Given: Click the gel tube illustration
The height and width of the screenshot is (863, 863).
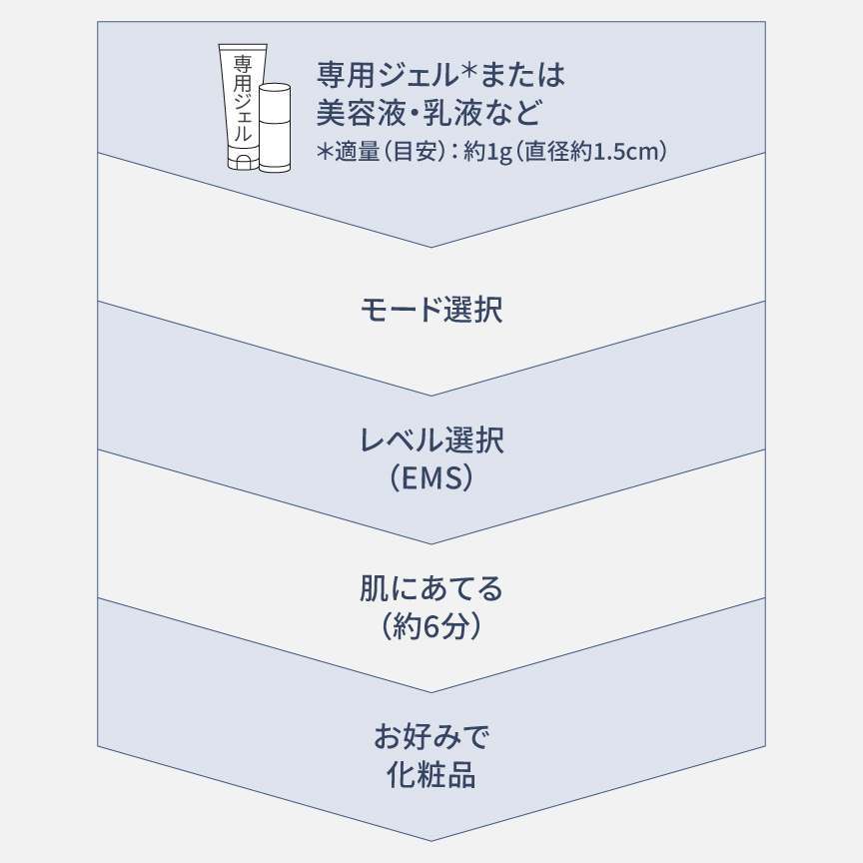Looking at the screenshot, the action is (243, 107).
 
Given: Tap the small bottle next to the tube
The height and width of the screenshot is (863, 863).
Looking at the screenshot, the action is (275, 128).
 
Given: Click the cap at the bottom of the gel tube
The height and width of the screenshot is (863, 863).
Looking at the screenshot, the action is (244, 162).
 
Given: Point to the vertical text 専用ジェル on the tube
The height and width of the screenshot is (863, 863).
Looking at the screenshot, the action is (243, 99).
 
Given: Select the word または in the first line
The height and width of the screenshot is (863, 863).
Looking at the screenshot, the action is (522, 75).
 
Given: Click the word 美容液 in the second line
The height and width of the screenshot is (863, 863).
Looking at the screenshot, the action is (360, 112).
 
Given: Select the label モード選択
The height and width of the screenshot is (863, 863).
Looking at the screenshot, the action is (431, 310).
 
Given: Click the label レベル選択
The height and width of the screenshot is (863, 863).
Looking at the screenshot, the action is (431, 440).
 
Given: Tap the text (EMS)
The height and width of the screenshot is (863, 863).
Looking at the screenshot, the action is (431, 477).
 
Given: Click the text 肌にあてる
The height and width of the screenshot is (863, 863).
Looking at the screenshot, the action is (431, 589).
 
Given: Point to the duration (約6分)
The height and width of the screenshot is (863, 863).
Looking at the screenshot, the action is (431, 626).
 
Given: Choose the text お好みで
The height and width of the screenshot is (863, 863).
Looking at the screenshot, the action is (431, 737).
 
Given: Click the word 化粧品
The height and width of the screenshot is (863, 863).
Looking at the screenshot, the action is (431, 775).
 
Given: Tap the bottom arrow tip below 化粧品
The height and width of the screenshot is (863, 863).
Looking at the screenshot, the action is (431, 840).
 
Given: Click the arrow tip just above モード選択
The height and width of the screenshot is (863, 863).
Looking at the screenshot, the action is (431, 247).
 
